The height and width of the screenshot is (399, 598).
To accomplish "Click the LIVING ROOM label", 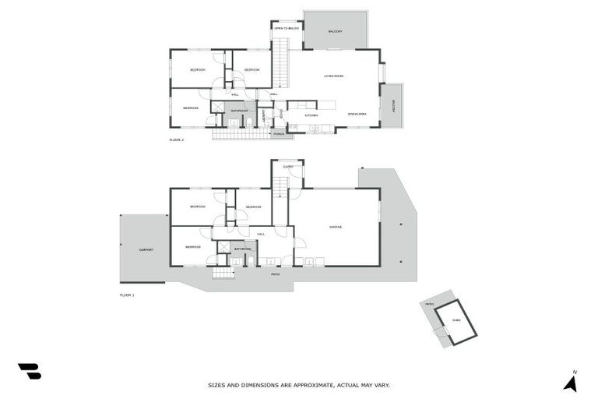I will point(334,76).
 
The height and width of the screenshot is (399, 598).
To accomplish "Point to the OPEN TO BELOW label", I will point(287,28).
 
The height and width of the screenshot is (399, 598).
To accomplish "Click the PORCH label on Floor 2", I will point(278,134).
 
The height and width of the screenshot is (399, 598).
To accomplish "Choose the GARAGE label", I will point(336,227).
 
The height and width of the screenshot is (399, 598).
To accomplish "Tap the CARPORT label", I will point(146,250).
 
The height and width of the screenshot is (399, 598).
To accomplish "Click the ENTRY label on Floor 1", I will point(288,167).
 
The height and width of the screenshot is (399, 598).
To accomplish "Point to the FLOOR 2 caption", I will point(177,140).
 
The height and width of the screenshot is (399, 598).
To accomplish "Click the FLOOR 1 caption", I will point(127,295).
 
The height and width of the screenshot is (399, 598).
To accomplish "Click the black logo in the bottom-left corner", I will point(30,372).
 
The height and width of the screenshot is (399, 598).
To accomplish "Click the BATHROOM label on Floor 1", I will point(243,249).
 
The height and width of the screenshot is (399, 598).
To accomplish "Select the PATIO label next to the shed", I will point(429,304).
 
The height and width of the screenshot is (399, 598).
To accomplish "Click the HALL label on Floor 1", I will point(261,234).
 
